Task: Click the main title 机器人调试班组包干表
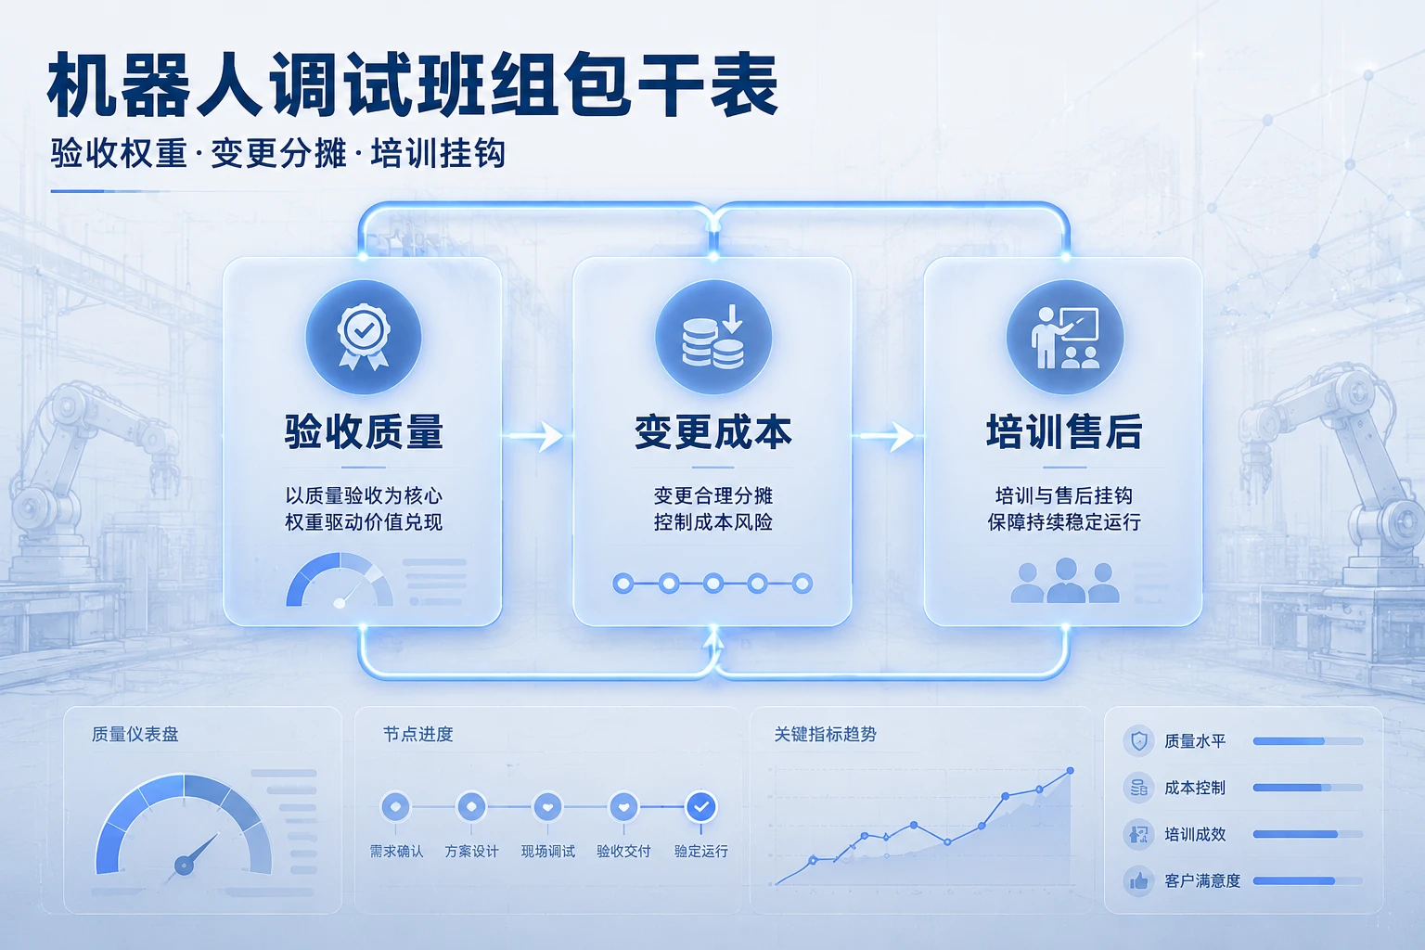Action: pos(413,86)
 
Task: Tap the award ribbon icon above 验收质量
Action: pos(364,337)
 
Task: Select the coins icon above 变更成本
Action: pos(713,337)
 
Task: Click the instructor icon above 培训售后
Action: pos(1065,338)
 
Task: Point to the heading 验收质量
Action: pos(364,432)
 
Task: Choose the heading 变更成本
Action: pos(713,432)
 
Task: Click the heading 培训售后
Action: pos(1064,432)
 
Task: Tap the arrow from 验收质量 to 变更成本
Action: pos(535,437)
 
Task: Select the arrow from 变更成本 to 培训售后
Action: pos(886,437)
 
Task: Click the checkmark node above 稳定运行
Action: pos(701,807)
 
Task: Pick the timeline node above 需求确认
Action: pos(395,807)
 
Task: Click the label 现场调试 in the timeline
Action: pos(547,852)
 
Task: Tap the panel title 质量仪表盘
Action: pos(135,734)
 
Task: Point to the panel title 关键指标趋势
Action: pos(825,734)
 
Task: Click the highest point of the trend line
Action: pos(1070,771)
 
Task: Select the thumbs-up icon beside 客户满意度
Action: pos(1138,880)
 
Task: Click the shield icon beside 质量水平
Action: pos(1138,740)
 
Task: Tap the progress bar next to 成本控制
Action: pos(1308,788)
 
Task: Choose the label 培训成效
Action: pos(1195,834)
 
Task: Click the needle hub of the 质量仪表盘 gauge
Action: pos(184,866)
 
